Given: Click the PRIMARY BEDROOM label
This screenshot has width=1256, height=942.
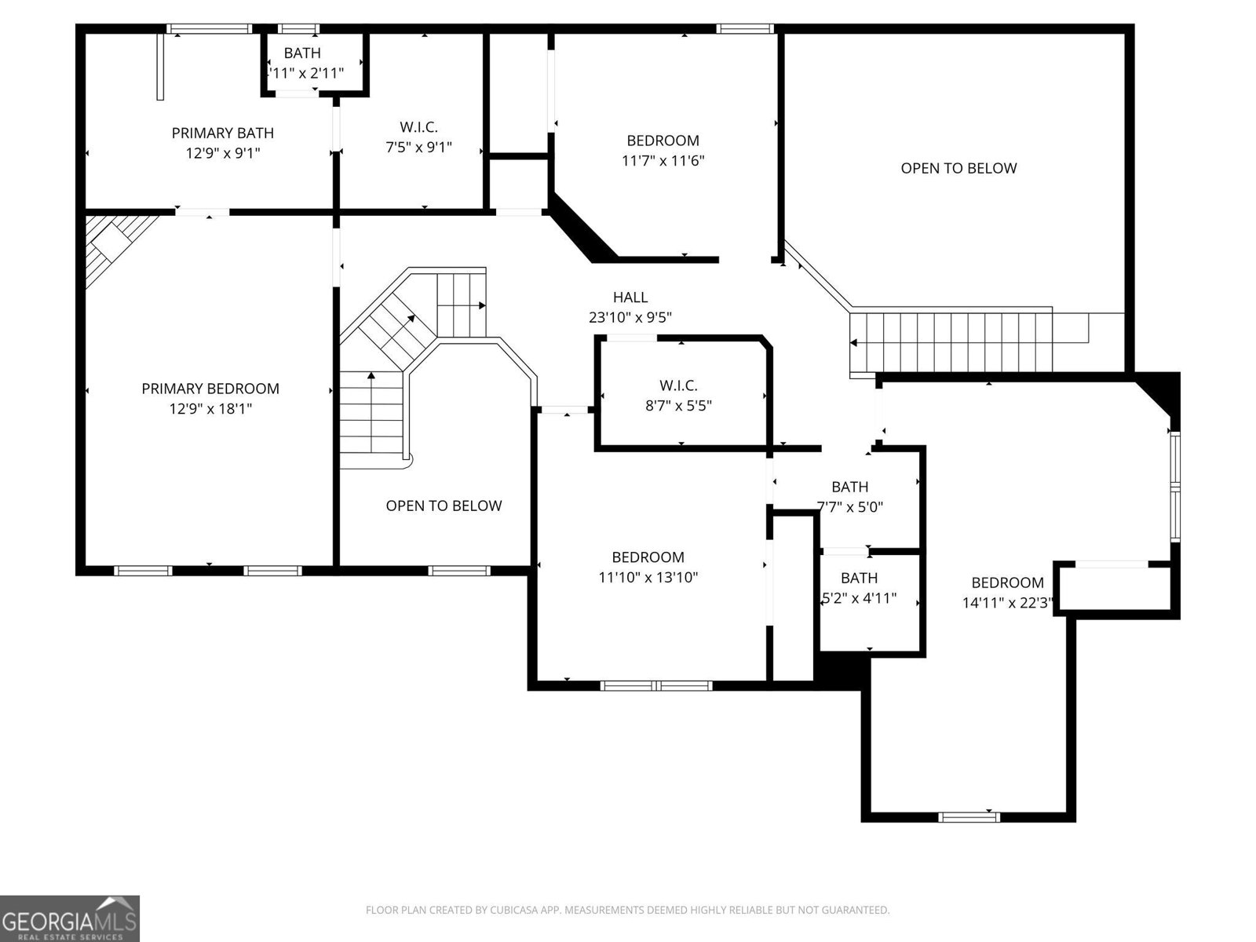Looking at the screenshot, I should (x=210, y=389).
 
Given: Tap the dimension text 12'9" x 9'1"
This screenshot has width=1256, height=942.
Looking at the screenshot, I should (x=222, y=153).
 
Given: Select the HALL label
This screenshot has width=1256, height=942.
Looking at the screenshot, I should (x=630, y=298).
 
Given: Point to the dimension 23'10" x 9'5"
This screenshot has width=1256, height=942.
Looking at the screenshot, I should (x=630, y=317).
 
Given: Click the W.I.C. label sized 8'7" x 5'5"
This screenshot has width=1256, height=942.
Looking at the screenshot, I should (x=678, y=385).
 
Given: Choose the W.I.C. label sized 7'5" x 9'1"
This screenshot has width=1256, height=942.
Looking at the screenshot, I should (x=418, y=126).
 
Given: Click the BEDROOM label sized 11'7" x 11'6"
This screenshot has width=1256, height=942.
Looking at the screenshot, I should (x=663, y=141).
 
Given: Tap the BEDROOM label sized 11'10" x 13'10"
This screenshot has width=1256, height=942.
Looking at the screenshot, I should (x=648, y=557).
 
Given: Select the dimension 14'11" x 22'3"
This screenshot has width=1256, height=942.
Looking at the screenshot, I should (x=1007, y=603).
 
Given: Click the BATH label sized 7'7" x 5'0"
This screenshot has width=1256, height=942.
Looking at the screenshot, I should (x=849, y=487).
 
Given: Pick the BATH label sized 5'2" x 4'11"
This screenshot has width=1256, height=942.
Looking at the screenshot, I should (x=859, y=579).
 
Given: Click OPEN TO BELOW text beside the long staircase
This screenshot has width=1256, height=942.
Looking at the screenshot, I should (x=958, y=168).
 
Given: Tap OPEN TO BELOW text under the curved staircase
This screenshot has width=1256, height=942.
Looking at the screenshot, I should (x=444, y=506).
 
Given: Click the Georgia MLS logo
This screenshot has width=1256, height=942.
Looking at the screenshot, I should (x=69, y=918).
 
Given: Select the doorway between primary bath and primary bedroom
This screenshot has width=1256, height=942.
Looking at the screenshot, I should (x=203, y=212).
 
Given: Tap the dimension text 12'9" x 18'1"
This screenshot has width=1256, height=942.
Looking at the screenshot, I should (x=210, y=409).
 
